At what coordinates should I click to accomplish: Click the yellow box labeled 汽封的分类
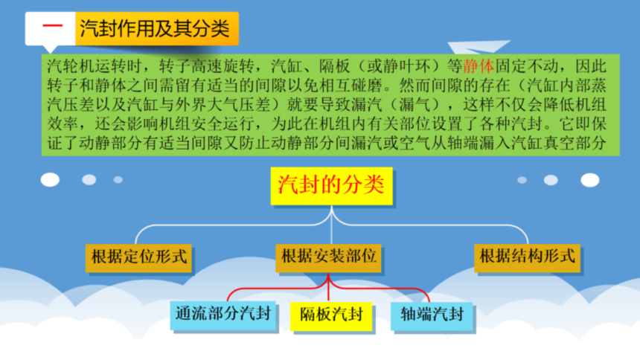(x=331, y=186)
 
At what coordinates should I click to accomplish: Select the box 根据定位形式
(x=138, y=258)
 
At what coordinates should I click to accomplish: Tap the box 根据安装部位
(x=328, y=258)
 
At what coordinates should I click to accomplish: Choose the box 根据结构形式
(x=527, y=258)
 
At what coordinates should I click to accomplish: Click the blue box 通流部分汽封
(x=223, y=315)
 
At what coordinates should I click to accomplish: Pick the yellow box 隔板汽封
(x=331, y=316)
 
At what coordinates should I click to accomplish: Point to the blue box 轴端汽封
(x=432, y=316)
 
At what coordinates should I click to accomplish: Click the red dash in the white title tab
(x=53, y=26)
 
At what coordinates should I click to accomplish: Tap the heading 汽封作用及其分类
(x=154, y=28)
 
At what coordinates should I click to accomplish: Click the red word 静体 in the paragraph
(x=479, y=65)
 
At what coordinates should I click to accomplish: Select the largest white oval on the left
(x=50, y=179)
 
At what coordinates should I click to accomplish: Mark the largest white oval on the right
(x=590, y=180)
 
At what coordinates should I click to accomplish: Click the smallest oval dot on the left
(x=118, y=179)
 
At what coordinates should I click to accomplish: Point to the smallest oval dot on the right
(x=522, y=180)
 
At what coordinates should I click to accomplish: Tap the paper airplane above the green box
(x=479, y=47)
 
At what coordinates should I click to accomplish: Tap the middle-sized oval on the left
(x=89, y=179)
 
